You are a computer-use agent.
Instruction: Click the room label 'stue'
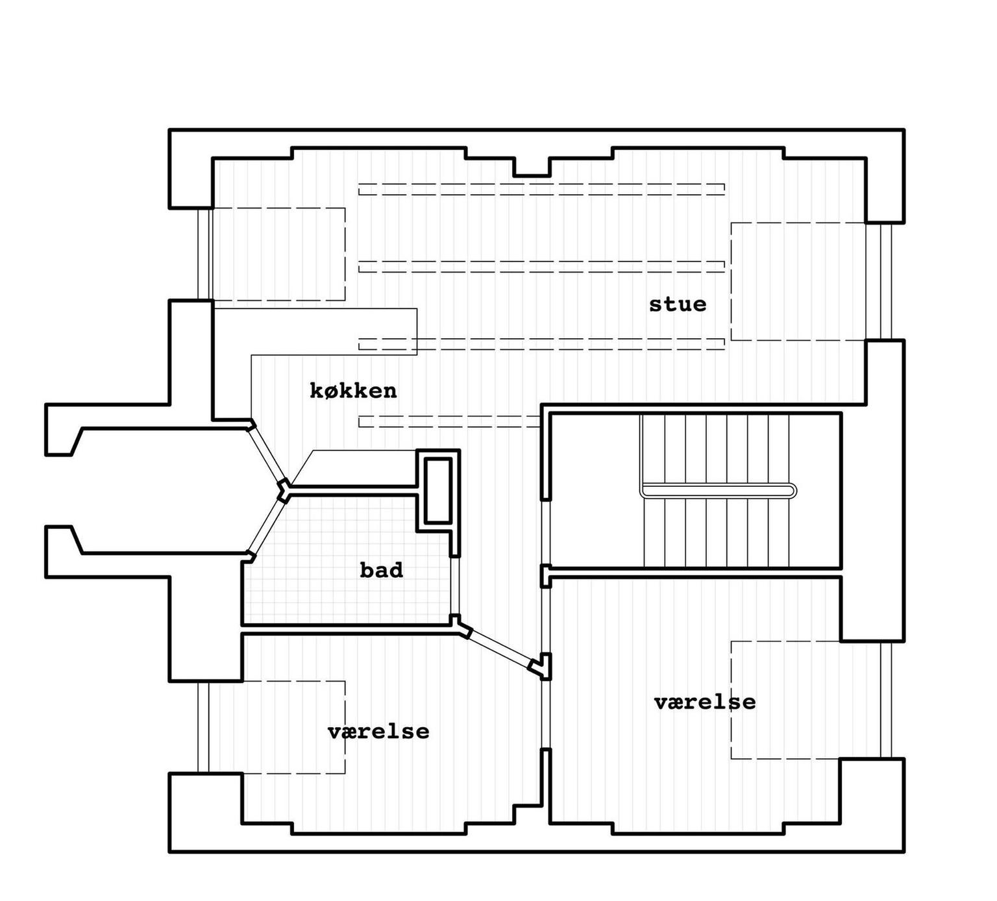tap(678, 304)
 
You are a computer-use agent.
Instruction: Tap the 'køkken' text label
tap(353, 390)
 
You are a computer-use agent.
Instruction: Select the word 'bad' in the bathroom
tap(382, 570)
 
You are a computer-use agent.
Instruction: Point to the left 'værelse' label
tap(378, 732)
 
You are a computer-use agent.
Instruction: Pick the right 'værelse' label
tap(705, 702)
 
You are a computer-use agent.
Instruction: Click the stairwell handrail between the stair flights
tap(718, 491)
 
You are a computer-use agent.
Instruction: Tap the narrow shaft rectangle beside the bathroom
tap(437, 490)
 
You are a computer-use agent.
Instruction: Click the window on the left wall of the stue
tap(205, 254)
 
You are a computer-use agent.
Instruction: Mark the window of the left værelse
tap(204, 727)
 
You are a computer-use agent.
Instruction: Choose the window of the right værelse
tap(886, 700)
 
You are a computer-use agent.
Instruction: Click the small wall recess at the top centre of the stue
tap(532, 167)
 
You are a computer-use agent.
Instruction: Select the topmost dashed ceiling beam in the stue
tap(541, 189)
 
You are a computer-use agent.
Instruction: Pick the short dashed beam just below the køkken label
tap(450, 421)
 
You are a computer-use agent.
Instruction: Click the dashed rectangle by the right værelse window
tap(786, 700)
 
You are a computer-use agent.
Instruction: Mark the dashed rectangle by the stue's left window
tap(278, 254)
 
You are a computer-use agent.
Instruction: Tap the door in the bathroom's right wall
tap(455, 586)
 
